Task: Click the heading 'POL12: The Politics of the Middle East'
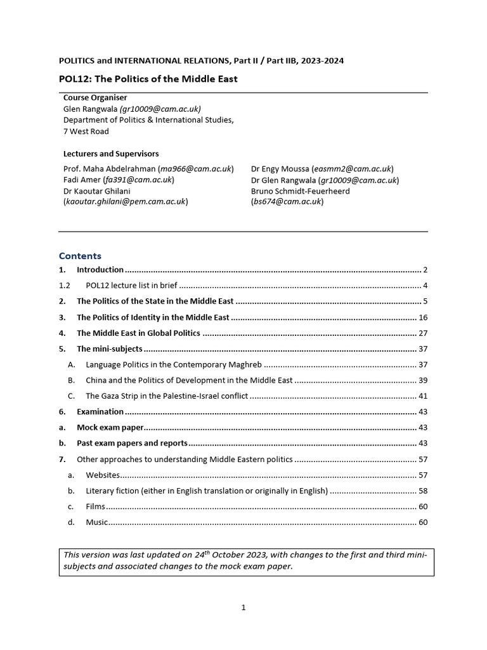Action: coord(148,79)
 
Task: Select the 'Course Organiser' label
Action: coord(95,98)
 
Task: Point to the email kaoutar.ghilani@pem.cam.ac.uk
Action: coord(125,201)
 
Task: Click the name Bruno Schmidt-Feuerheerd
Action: coord(300,190)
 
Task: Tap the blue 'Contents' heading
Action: coord(80,256)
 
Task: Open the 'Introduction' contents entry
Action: coord(100,270)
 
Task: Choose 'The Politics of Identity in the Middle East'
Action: coord(153,317)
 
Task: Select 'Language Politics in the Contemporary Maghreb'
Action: coord(174,364)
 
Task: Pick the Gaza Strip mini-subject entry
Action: coord(166,396)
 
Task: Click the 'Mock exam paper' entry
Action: coord(110,428)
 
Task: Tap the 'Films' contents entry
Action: coord(95,507)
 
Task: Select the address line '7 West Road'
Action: coord(86,131)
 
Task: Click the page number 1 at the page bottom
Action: coord(243,607)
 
